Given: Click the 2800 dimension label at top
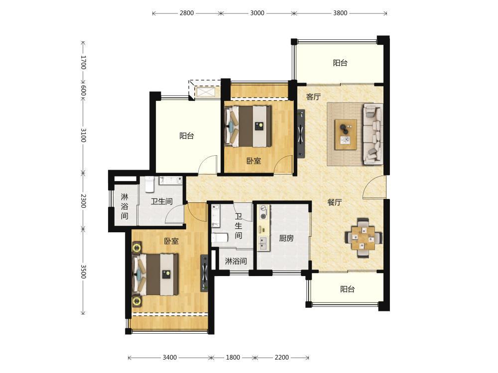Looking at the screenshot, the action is pos(186,13).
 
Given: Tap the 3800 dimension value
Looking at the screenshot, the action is pos(340,13).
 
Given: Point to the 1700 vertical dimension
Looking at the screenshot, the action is pos(83,62).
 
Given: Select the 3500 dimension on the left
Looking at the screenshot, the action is pos(83,272).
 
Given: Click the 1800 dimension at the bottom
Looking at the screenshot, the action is pos(233,358).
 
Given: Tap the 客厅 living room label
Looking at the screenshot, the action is pos(313,97).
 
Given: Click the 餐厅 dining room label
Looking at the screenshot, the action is pos(335,202).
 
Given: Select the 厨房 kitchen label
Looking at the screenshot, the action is pos(286,238).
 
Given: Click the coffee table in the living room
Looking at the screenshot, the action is pos(346,134).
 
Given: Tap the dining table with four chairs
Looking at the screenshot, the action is pos(363,237).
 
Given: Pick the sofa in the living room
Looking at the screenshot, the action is pos(373,134).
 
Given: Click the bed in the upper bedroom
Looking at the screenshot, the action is pos(248,126).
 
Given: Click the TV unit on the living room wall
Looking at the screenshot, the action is pos(301,133).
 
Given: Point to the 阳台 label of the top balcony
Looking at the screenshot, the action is pos(340,63).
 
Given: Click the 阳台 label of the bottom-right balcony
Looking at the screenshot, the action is pos(347,289).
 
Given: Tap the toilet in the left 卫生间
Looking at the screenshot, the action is pos(149,185).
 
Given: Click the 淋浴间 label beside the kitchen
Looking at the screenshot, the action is pos(236,261).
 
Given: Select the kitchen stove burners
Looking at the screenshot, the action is pos(263,212).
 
